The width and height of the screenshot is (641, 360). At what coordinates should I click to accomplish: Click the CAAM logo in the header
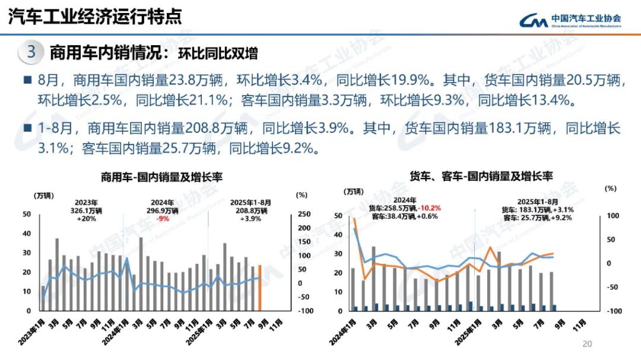pyautogui.click(x=570, y=20)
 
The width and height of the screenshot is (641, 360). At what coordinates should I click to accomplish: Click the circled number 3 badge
pyautogui.click(x=31, y=52)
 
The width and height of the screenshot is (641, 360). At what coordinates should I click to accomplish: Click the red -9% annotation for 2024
pyautogui.click(x=162, y=218)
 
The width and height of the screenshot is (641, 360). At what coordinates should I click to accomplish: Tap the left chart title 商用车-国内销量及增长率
pyautogui.click(x=161, y=177)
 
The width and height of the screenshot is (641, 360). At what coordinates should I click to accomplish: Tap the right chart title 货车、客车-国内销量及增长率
pyautogui.click(x=481, y=176)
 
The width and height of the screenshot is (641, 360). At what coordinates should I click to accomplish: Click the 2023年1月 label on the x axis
pyautogui.click(x=34, y=329)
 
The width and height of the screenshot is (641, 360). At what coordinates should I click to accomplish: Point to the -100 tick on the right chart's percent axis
pyautogui.click(x=612, y=311)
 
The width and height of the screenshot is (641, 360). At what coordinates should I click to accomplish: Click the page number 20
pyautogui.click(x=588, y=344)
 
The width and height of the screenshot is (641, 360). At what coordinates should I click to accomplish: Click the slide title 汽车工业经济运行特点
pyautogui.click(x=94, y=17)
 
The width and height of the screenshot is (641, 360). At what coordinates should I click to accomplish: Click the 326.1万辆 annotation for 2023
pyautogui.click(x=87, y=210)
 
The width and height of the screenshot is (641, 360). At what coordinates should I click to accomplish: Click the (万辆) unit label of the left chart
pyautogui.click(x=44, y=195)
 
